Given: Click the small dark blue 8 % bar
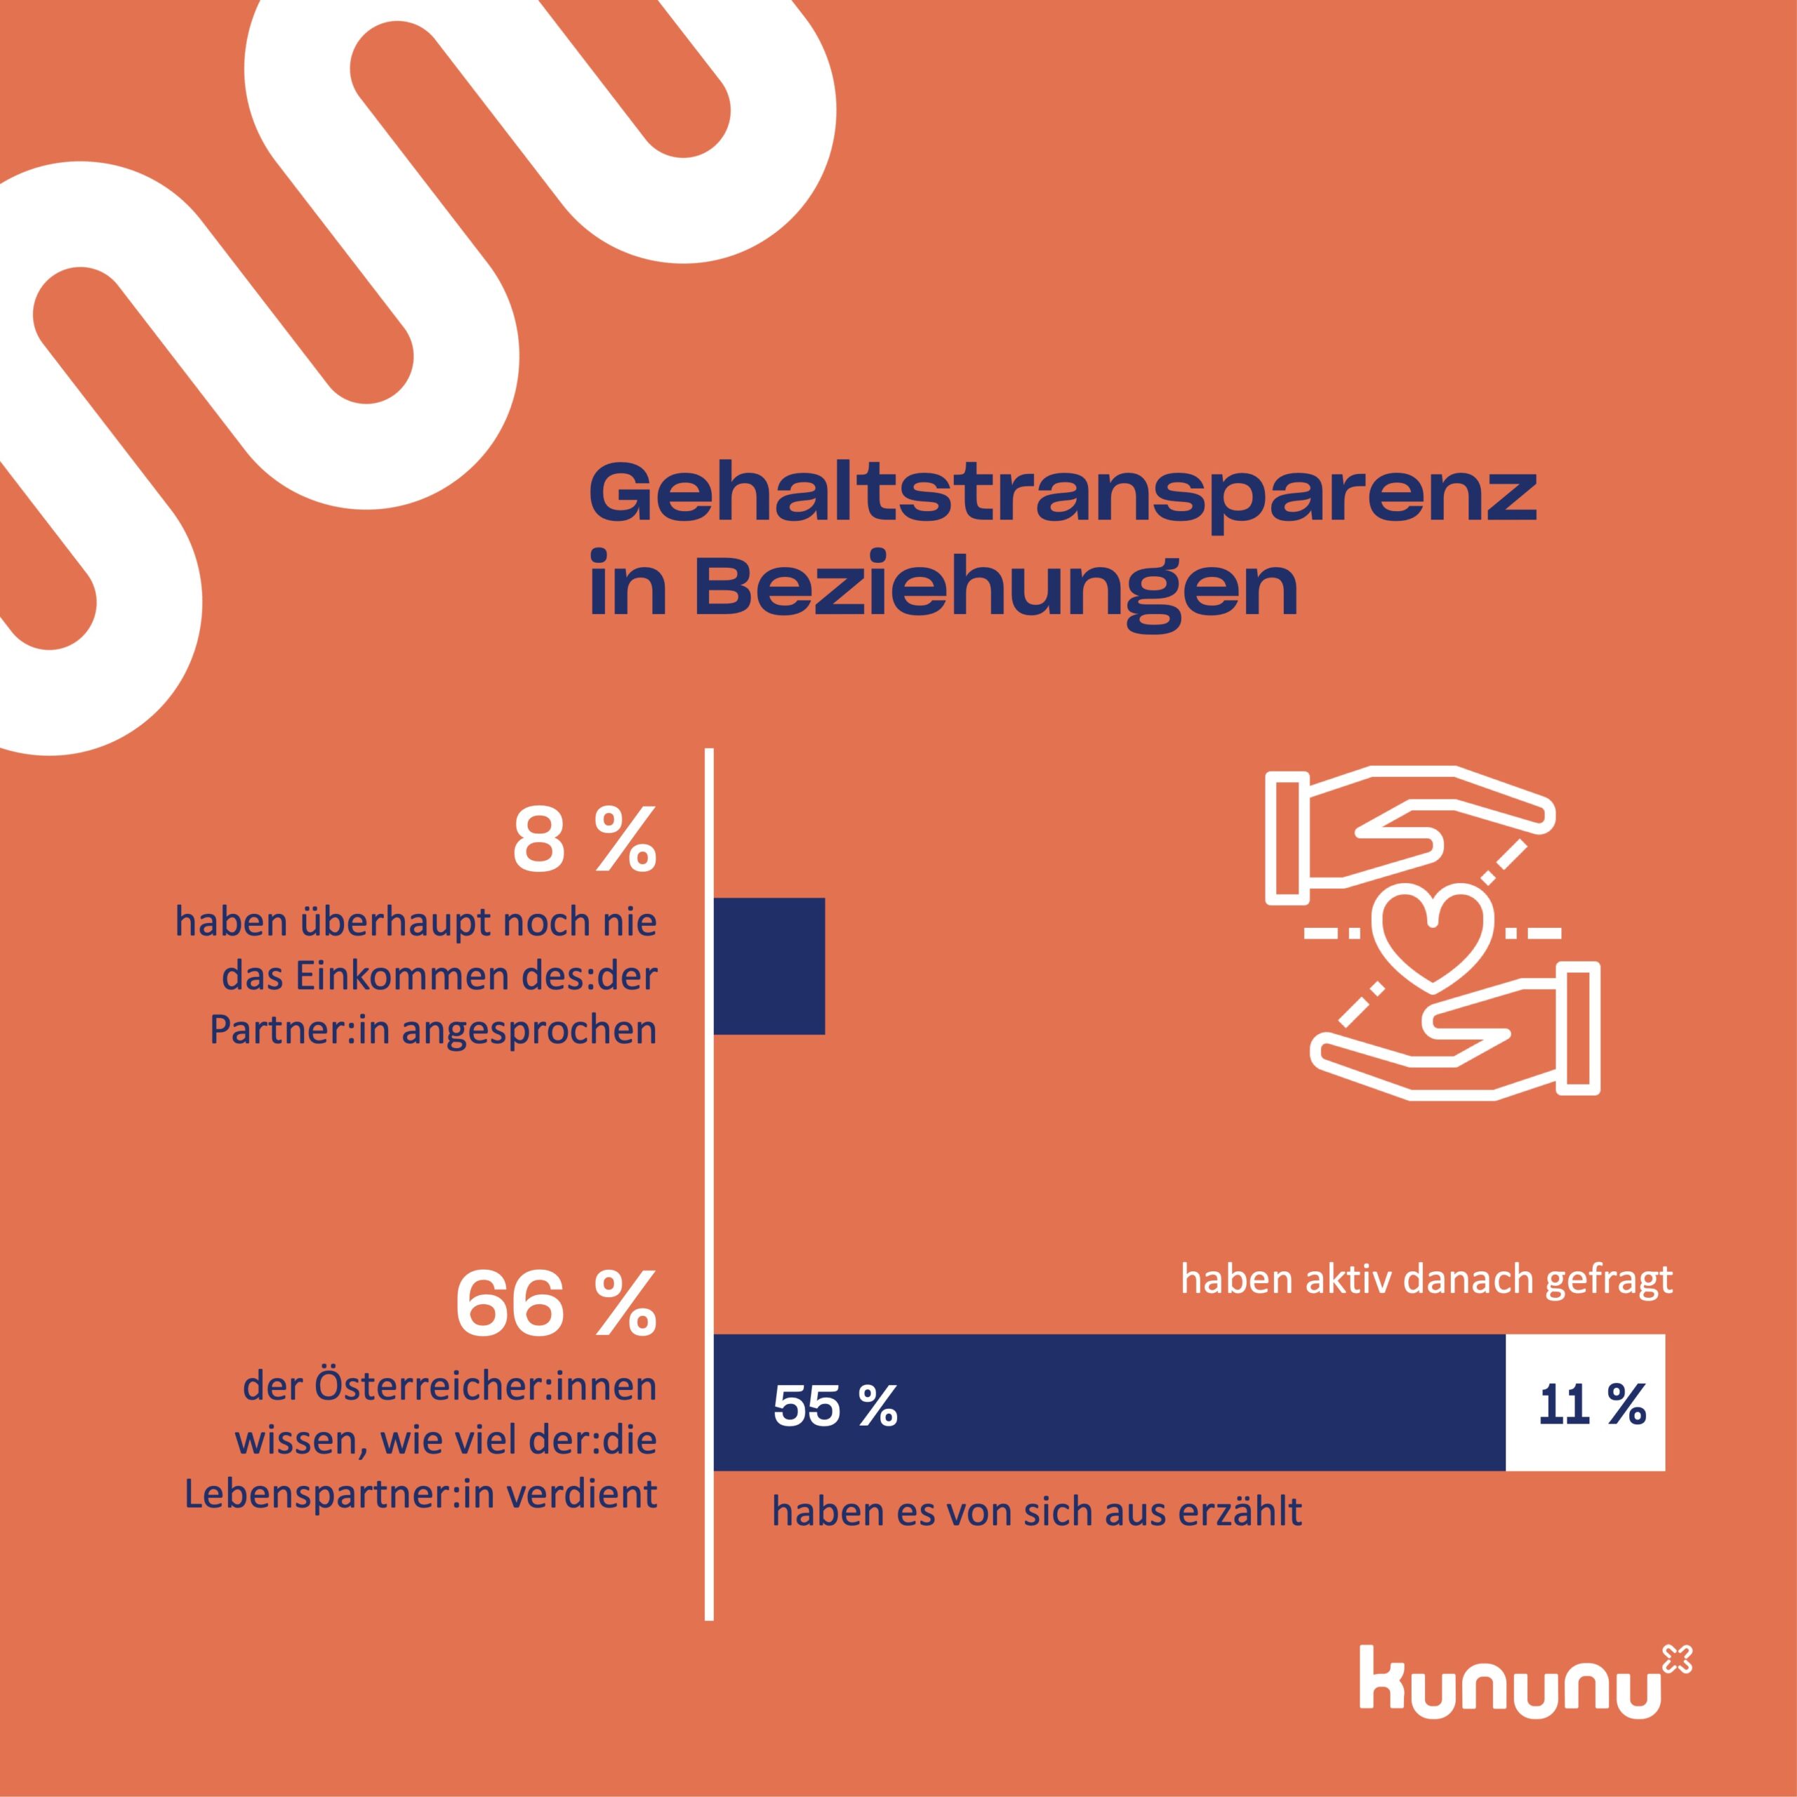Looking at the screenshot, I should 769,965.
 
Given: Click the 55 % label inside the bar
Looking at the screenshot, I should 835,1405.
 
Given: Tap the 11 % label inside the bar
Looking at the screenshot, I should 1591,1405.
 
